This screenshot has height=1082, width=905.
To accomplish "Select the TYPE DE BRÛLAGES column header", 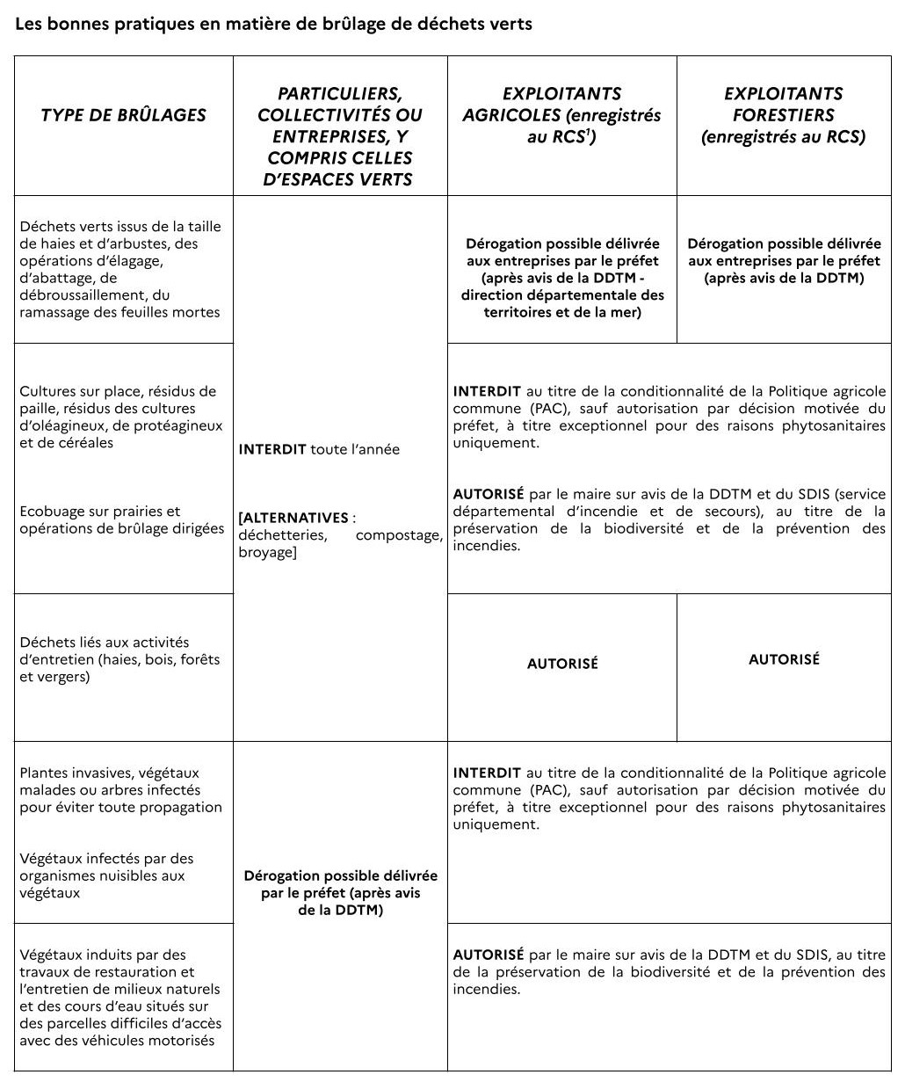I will (x=123, y=115).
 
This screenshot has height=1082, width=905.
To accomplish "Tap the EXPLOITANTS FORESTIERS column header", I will (x=783, y=115).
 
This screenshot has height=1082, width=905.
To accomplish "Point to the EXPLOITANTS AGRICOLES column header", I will (x=561, y=115).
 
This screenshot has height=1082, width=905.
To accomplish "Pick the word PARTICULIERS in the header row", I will (x=339, y=94).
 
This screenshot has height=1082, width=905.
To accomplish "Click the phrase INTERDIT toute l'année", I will (x=319, y=450).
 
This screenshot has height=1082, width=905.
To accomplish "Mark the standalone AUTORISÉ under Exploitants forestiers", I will (x=784, y=659).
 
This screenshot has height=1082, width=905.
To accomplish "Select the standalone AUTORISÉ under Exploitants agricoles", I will (x=562, y=664).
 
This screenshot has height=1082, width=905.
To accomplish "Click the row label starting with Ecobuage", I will (x=122, y=519).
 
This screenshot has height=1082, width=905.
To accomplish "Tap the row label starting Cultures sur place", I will (x=118, y=417).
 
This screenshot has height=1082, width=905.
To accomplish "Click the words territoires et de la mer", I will (x=562, y=312).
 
